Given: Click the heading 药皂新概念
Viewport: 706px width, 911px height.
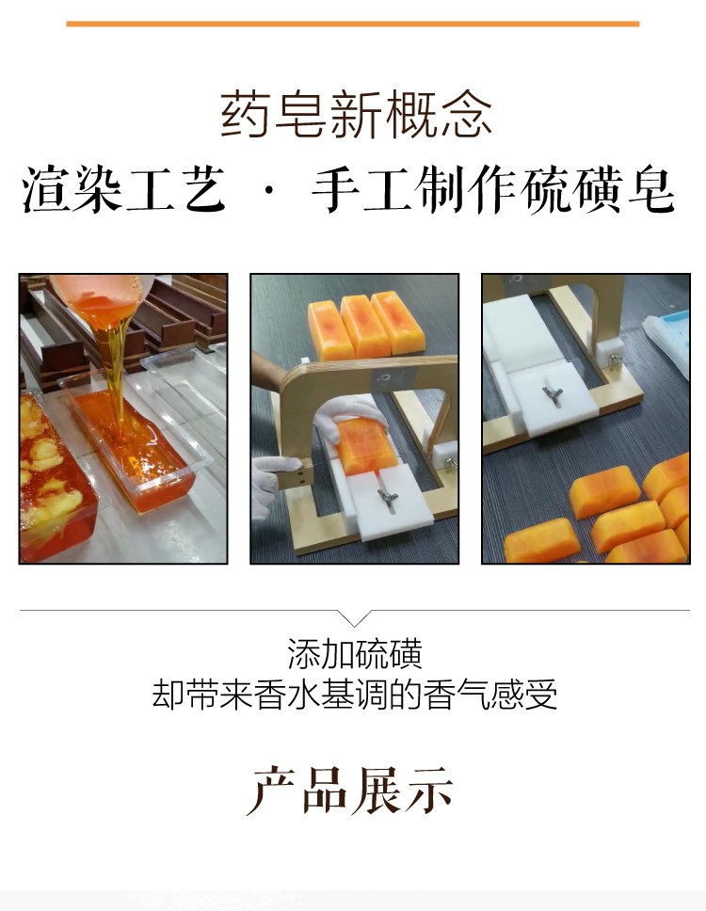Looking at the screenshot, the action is click(x=356, y=115).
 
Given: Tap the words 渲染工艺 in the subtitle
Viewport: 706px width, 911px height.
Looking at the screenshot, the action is click(x=123, y=189).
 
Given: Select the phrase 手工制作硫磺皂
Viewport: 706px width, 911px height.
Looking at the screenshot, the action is click(x=493, y=189).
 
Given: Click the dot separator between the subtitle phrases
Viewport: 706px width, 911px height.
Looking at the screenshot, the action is click(x=268, y=190).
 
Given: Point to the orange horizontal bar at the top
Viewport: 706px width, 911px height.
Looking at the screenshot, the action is click(x=353, y=24).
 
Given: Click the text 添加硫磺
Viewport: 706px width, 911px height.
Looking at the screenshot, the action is click(x=355, y=654).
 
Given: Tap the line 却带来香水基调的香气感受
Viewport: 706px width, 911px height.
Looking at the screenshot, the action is click(x=355, y=695).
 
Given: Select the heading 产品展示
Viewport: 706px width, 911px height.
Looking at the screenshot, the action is click(x=350, y=791).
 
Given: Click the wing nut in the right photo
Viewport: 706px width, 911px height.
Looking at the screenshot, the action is click(x=553, y=391).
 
